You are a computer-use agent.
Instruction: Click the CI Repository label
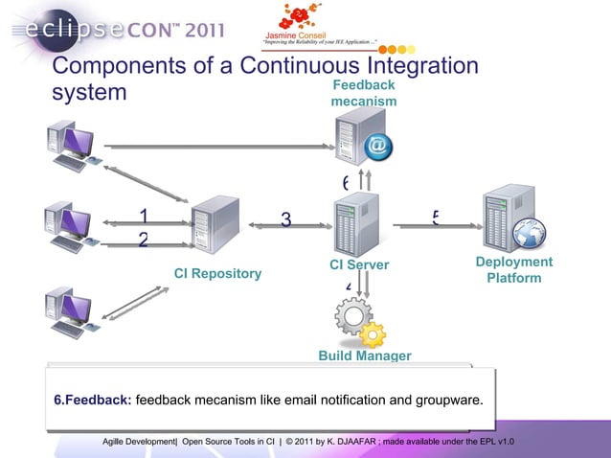tap(217, 274)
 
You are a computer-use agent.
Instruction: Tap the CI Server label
tap(359, 264)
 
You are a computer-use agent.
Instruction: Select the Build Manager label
tap(364, 356)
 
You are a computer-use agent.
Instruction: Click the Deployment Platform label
tap(514, 270)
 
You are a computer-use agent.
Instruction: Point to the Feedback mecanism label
tap(363, 93)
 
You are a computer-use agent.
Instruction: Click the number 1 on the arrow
tap(144, 216)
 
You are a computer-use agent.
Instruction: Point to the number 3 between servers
tap(285, 221)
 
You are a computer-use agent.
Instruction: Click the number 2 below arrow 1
tap(144, 240)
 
